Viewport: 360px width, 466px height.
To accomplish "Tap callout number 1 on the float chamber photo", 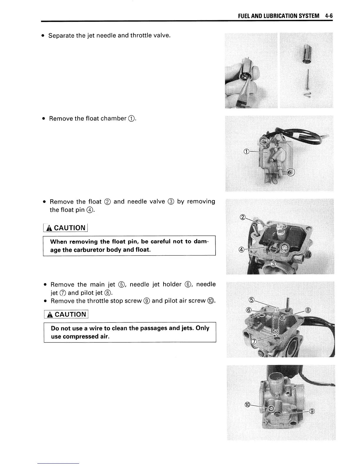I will pos(246,152).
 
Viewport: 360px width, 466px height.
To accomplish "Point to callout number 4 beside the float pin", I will pos(241,250).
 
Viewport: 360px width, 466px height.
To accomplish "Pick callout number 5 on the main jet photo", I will pos(251,300).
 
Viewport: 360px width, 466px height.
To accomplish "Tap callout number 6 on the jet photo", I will pos(249,310).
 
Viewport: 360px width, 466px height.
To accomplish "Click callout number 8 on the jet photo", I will pos(308,310).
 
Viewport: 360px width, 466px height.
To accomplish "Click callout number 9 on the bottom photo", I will pos(312,411).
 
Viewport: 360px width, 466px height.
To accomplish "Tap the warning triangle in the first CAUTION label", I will pos(49,228).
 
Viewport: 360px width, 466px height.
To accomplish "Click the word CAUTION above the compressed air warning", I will pos(70,314).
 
